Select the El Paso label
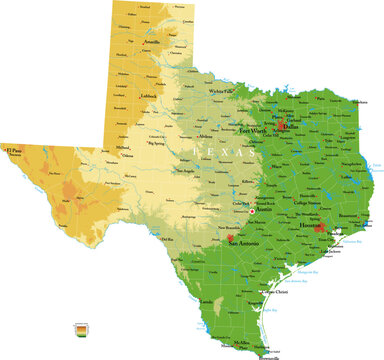tap(14, 151)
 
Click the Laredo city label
tap(207, 299)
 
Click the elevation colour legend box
tap(79, 326)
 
